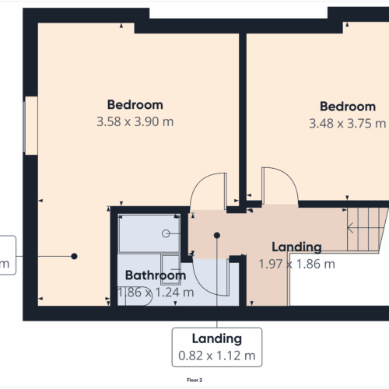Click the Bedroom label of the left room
pos(135,105)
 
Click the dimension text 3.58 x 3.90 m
pos(135,122)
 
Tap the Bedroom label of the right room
pos(348,107)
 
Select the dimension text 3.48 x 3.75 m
pos(347,124)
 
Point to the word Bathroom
pos(156,275)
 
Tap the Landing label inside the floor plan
pos(295,247)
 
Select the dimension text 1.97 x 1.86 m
pos(296,264)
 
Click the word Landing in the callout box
pos(216,338)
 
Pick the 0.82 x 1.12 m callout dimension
pos(216,356)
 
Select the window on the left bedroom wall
pos(30,125)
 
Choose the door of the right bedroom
pos(279,187)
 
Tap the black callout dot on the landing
pos(217,235)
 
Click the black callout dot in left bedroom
pos(74,256)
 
